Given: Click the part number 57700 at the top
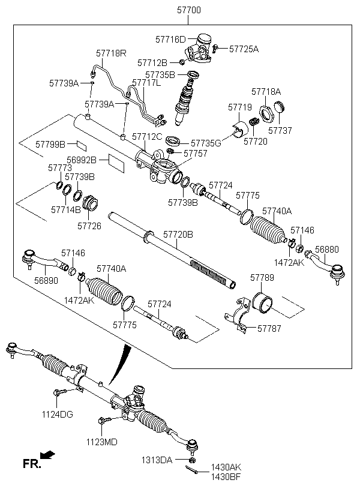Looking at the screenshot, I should pos(189,10).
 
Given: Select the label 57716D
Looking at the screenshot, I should pos(170,39).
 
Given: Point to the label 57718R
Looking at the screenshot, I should pos(111,53).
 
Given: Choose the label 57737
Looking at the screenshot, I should pos(280,130).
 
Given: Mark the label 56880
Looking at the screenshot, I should pos(327,248).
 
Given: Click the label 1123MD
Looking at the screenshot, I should pos(101,442).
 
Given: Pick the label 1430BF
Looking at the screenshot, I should pos(225,477).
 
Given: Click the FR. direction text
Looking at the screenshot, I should pos(31,464).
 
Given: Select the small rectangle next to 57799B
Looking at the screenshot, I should pos(82,144).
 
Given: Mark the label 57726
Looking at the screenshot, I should pos(89,226).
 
